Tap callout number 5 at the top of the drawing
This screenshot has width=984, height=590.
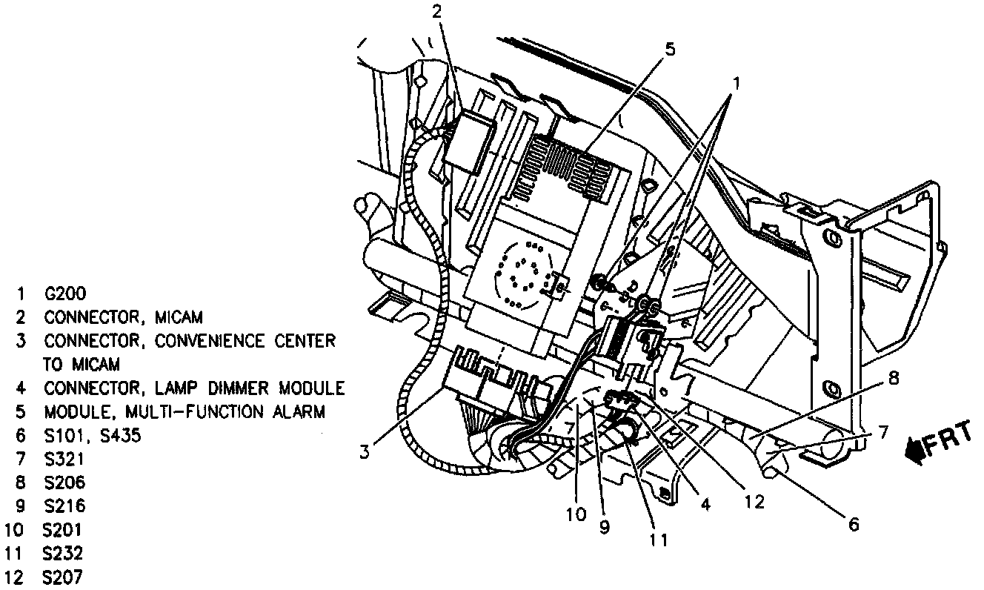[670, 50]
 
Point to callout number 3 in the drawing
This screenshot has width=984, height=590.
[365, 451]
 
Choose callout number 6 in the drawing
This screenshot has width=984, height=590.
[854, 525]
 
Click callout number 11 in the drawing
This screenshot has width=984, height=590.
[657, 540]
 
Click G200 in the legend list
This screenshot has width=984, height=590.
[66, 294]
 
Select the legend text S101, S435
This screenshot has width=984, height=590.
[92, 436]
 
